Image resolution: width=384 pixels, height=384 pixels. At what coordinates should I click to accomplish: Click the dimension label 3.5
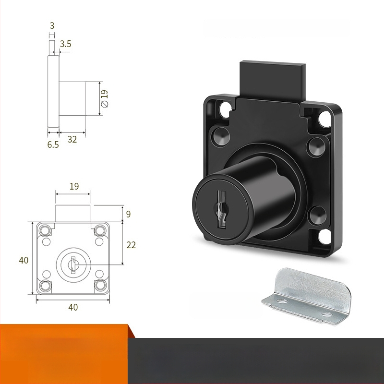pyautogui.click(x=65, y=44)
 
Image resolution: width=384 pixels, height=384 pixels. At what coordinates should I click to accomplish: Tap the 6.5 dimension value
pyautogui.click(x=53, y=145)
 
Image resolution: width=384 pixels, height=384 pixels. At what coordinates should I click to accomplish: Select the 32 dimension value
pyautogui.click(x=72, y=139)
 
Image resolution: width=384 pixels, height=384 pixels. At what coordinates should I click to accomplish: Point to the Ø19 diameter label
pyautogui.click(x=105, y=99)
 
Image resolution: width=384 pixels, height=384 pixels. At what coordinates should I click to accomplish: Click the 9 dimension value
pyautogui.click(x=128, y=214)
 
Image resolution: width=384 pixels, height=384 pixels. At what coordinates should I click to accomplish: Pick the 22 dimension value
pyautogui.click(x=131, y=245)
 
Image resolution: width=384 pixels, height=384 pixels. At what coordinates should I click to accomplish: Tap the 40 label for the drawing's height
pyautogui.click(x=24, y=260)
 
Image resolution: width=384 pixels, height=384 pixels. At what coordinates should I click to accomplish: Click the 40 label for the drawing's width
pyautogui.click(x=73, y=307)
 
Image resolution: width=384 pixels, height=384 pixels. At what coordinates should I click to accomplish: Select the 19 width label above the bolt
pyautogui.click(x=74, y=186)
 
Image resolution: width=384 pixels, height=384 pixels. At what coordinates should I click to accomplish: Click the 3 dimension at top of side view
pyautogui.click(x=52, y=25)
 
